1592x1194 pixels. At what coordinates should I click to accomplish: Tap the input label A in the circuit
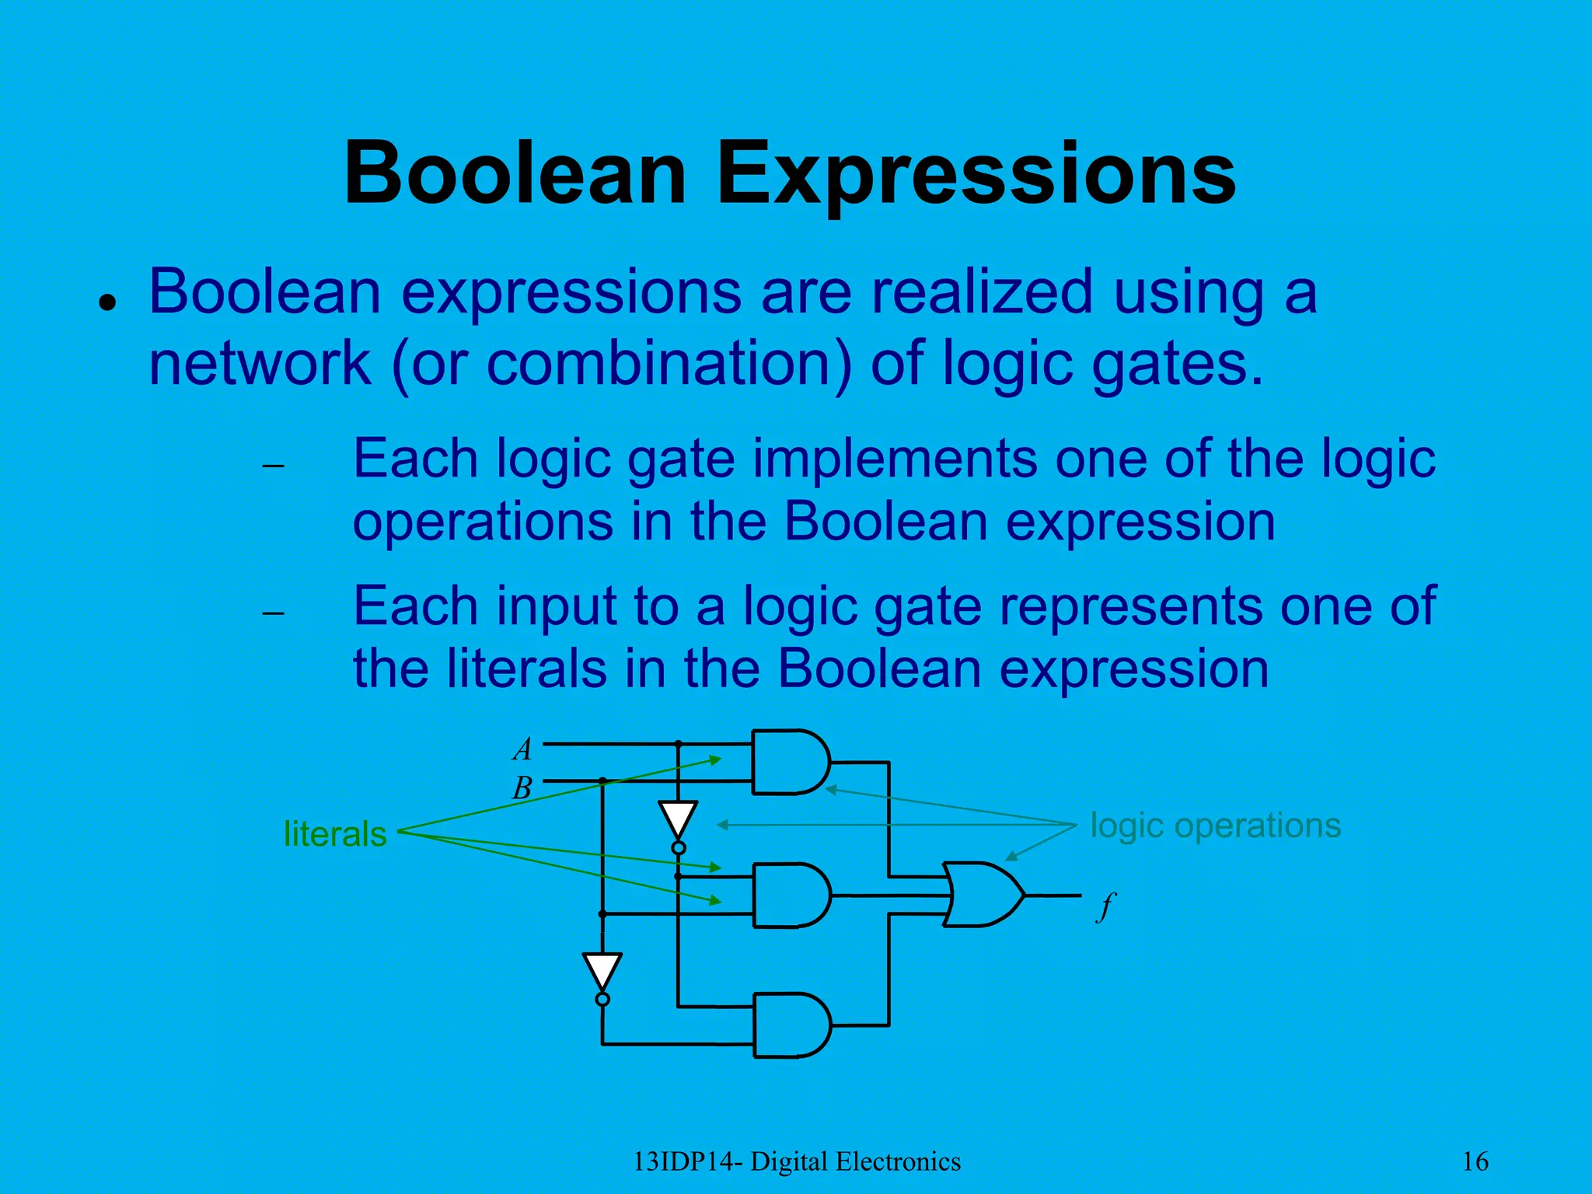[x=522, y=749]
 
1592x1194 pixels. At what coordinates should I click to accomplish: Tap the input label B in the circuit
[x=522, y=788]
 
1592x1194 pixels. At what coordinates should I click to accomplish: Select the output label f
[x=1105, y=906]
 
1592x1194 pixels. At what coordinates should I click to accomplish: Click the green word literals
[x=335, y=834]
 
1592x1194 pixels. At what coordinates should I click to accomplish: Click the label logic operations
[x=1215, y=825]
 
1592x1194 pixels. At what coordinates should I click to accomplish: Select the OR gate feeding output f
[x=981, y=894]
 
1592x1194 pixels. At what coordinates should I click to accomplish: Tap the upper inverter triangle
[x=678, y=819]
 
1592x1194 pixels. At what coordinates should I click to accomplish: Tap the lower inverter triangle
[x=602, y=971]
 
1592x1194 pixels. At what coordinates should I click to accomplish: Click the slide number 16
[x=1475, y=1161]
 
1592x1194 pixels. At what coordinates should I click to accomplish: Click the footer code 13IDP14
[x=689, y=1161]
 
